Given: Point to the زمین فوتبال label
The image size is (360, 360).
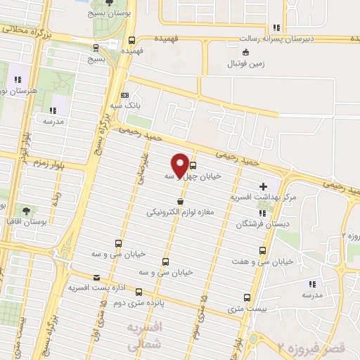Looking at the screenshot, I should pyautogui.click(x=244, y=63).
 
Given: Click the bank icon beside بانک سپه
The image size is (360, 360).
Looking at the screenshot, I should pyautogui.click(x=124, y=95).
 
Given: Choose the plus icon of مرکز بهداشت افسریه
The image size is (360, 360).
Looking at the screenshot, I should pyautogui.click(x=263, y=187).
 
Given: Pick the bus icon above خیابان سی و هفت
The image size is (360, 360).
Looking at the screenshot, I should pyautogui.click(x=262, y=250).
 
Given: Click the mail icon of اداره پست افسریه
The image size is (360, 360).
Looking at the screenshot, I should pyautogui.click(x=96, y=277).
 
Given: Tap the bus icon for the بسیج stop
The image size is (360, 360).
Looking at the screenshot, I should pyautogui.click(x=96, y=48).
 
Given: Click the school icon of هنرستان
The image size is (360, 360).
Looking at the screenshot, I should pyautogui.click(x=18, y=79).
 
